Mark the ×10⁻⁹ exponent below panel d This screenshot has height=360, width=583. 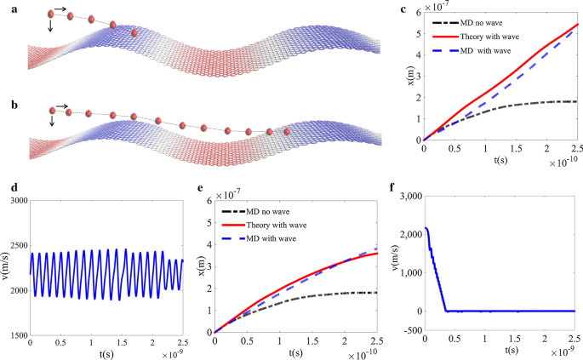click(171, 350)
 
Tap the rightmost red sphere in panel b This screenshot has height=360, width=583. click(288, 132)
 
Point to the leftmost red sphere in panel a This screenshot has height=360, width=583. click(51, 14)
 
